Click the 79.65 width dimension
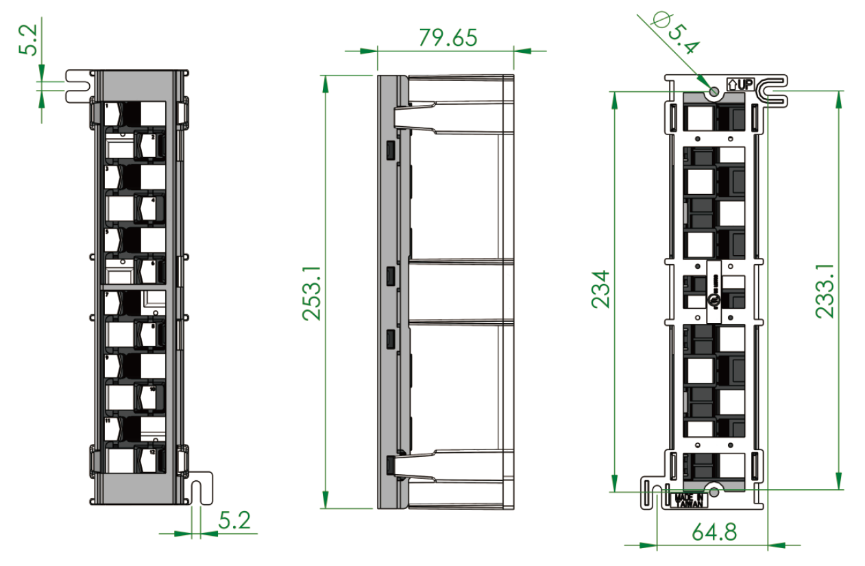point(448,38)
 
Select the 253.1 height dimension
point(313,291)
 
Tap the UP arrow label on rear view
point(740,85)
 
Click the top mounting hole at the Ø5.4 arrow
point(714,91)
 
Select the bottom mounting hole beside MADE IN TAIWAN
point(714,492)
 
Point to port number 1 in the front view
point(108,106)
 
